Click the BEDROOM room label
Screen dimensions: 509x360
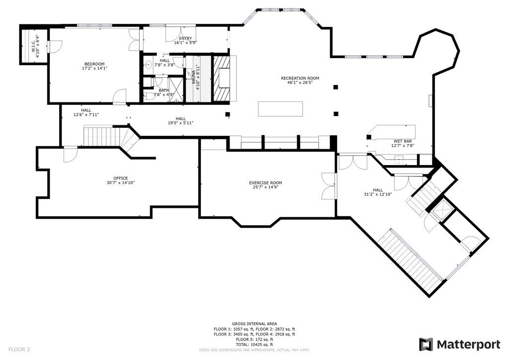click(x=94, y=64)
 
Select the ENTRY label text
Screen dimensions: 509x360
click(x=185, y=38)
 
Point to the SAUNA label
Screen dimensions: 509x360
click(x=193, y=77)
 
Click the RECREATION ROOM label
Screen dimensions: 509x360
click(x=300, y=78)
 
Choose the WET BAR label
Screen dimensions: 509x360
click(x=403, y=141)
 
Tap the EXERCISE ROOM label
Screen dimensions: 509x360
click(x=265, y=183)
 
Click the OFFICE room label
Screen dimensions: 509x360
click(x=120, y=178)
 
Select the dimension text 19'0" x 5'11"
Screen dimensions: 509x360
click(x=181, y=123)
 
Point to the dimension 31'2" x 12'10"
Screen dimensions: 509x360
click(x=378, y=194)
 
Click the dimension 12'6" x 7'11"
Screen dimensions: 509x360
click(x=86, y=114)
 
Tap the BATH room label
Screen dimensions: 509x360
click(x=164, y=90)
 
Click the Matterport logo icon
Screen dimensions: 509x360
click(x=425, y=345)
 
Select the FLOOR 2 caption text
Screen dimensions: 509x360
click(x=19, y=350)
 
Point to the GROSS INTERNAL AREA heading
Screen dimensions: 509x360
click(x=254, y=324)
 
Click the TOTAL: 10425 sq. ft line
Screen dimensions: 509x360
click(x=254, y=345)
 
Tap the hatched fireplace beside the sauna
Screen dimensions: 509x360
click(x=221, y=79)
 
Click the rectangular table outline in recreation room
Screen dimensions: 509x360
click(x=280, y=109)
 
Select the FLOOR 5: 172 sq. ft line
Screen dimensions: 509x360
click(x=254, y=339)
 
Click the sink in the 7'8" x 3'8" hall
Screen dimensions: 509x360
click(x=149, y=65)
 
